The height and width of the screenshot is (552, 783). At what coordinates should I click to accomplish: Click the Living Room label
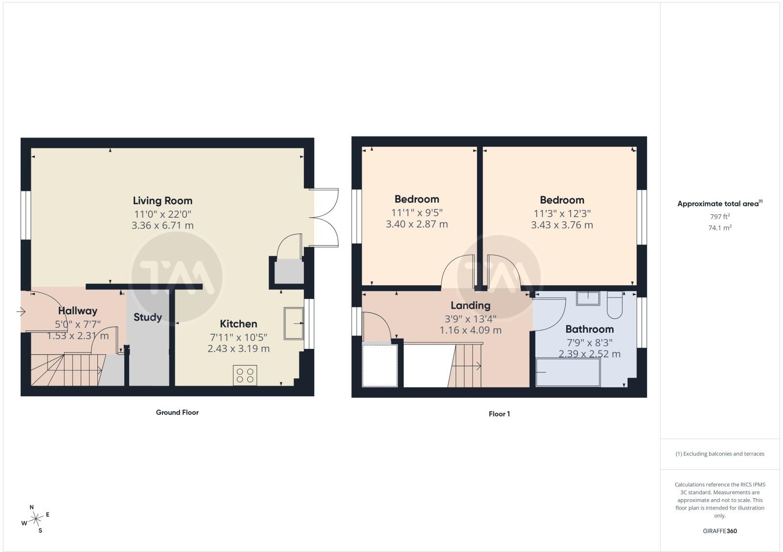(162, 201)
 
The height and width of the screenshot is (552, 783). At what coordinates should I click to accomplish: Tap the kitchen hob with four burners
(245, 375)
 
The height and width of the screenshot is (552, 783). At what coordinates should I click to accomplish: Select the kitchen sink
(294, 323)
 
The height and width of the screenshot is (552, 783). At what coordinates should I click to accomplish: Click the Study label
(147, 317)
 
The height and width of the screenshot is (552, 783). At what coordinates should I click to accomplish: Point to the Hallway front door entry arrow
(21, 311)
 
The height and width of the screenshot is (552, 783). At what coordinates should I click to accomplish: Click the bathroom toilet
(615, 305)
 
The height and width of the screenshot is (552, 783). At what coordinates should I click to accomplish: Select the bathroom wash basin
(588, 299)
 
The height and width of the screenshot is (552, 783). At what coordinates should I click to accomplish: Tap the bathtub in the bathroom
(568, 372)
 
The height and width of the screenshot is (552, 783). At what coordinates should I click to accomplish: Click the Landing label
(470, 305)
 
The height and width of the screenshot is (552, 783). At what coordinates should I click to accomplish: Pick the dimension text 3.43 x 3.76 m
(562, 225)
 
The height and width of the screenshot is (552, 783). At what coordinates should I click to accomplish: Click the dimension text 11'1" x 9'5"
(416, 212)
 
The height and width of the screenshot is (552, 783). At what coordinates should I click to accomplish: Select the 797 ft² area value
(720, 216)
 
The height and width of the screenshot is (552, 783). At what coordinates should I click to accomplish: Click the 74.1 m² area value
(720, 228)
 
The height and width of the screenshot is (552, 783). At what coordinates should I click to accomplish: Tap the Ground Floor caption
(177, 413)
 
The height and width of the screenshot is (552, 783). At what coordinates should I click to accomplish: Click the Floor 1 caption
(499, 414)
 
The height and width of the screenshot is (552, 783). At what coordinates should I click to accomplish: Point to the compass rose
(36, 519)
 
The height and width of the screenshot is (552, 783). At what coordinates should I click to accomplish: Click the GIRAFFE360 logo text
(720, 530)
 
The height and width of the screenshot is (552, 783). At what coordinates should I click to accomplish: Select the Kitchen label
(238, 324)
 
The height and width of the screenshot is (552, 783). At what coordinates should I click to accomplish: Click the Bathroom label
(589, 329)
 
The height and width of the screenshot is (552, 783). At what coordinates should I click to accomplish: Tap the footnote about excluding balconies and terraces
(720, 454)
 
